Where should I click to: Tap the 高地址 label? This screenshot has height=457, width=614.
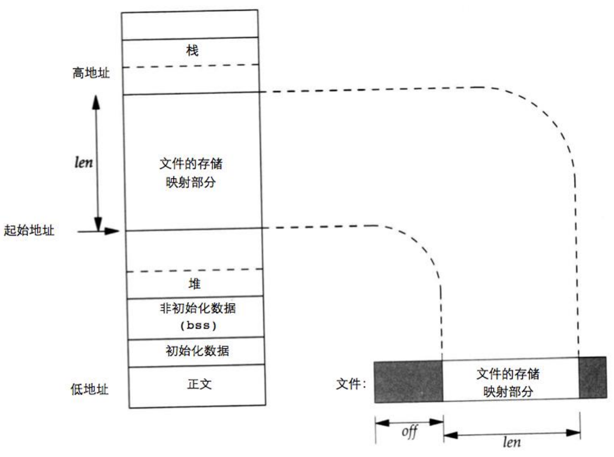91,72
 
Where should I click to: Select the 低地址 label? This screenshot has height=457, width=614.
90,389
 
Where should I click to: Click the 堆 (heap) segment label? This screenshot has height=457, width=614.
194,283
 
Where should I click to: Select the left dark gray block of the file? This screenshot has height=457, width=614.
409,381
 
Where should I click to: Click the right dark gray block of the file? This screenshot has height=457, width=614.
592,377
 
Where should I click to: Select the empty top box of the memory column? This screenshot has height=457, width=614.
190,25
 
